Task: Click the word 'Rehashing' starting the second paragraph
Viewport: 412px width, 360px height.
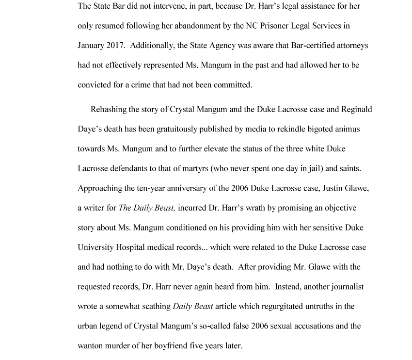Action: [109, 109]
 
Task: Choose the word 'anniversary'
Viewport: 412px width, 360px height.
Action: [182, 188]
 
